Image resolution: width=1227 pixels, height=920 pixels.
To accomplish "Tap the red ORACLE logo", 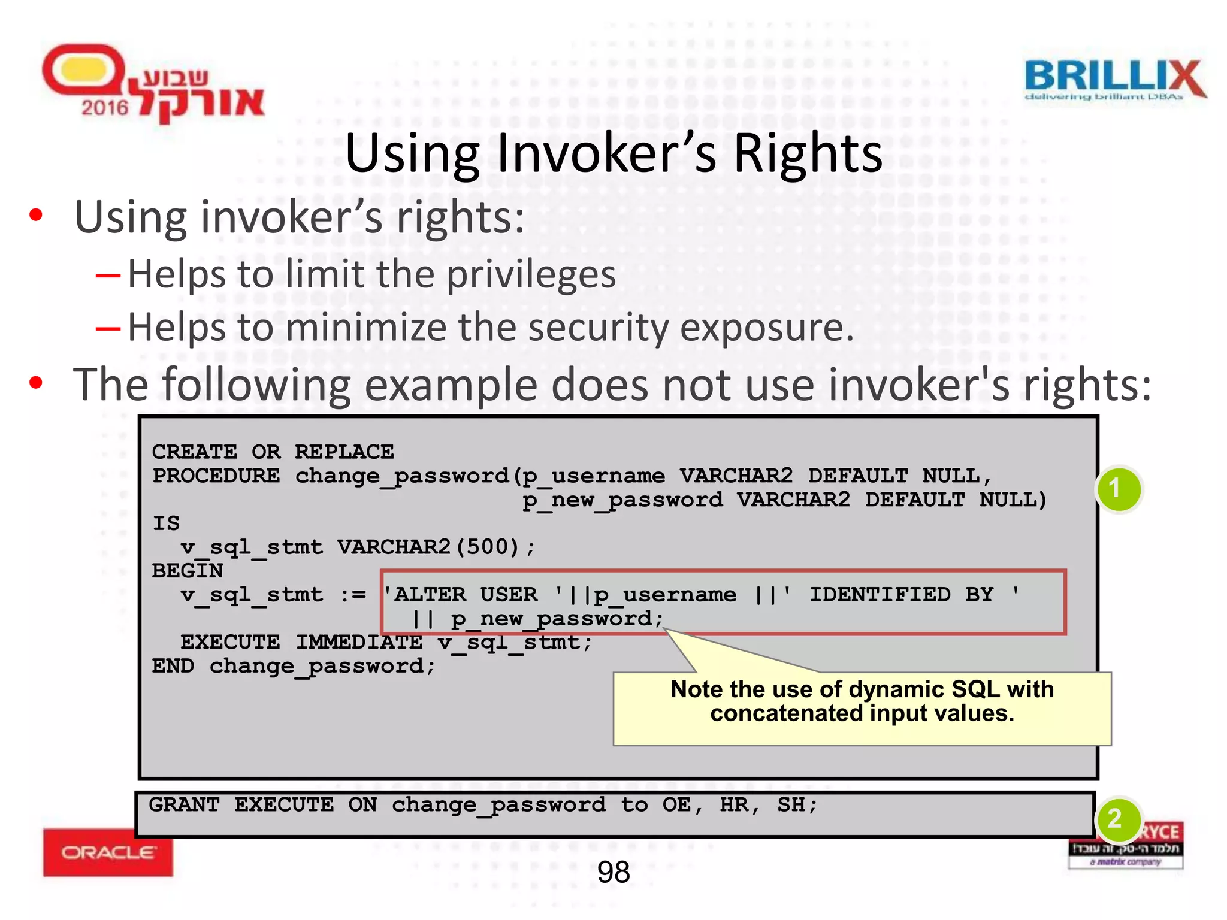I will click(108, 852).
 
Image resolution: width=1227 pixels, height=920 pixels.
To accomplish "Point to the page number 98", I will click(613, 872).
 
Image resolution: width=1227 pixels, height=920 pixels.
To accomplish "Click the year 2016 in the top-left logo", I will click(105, 108).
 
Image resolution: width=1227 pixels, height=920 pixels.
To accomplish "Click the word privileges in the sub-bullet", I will click(531, 274).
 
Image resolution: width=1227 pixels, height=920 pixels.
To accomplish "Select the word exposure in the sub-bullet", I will click(767, 328).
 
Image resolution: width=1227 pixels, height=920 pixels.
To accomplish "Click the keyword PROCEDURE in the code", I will click(216, 476).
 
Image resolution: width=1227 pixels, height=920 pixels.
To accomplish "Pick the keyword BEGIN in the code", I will click(187, 570).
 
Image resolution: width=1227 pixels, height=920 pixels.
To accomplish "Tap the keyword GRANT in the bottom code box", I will click(184, 804).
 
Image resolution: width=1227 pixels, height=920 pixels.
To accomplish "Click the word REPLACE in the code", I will click(344, 452).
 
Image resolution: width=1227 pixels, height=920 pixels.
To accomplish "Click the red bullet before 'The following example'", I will click(36, 383).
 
